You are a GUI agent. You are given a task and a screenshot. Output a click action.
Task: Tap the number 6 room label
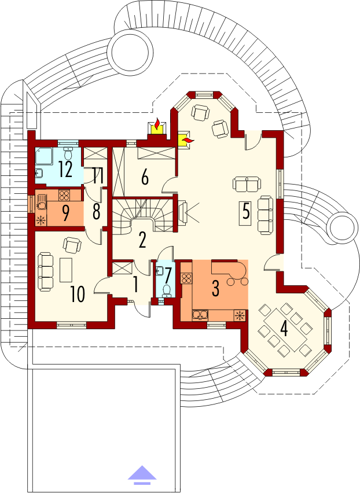[145, 178]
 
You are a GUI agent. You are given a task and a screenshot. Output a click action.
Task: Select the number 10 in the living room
[78, 295]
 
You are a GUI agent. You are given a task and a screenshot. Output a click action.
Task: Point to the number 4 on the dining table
[284, 329]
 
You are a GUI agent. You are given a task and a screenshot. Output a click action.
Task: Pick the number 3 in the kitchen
[215, 289]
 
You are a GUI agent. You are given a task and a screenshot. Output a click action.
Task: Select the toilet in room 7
[167, 290]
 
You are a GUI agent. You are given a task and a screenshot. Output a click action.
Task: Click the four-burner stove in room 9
[64, 196]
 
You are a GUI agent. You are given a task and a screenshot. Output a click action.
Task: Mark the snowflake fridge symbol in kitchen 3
[240, 315]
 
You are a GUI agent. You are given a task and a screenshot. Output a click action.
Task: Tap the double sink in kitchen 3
[200, 315]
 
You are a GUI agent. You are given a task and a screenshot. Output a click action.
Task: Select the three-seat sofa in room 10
[46, 272]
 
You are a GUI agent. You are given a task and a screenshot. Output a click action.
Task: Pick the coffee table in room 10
[66, 270]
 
